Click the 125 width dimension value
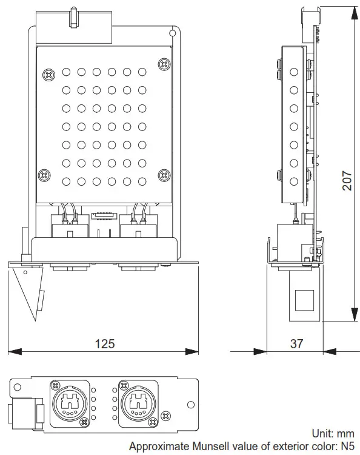coord(104,343)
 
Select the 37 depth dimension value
coord(296,343)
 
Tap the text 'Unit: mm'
coord(332,433)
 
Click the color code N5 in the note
coord(347,446)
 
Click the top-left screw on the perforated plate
coord(48,75)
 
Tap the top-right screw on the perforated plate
coord(162,64)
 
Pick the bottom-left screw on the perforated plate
coord(44,175)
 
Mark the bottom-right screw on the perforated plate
coord(162,175)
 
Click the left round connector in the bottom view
coord(72,400)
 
